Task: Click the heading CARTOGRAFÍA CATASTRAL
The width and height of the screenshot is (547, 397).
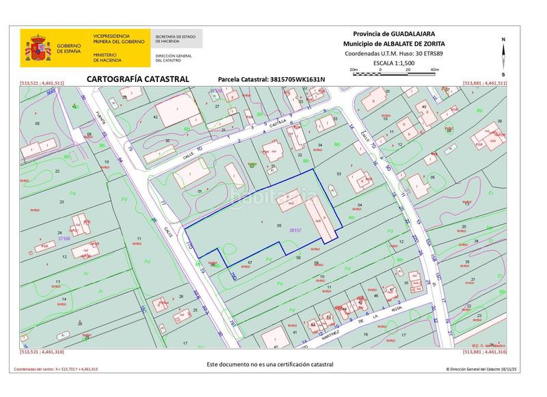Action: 137,79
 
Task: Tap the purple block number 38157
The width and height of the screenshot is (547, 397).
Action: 295,230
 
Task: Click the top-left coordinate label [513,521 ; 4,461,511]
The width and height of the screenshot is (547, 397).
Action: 42,83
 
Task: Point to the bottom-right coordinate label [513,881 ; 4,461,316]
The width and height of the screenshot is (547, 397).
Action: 485,352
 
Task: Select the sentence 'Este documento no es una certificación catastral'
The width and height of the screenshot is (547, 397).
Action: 270,364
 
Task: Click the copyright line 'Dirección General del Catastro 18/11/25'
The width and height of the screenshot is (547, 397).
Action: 476,369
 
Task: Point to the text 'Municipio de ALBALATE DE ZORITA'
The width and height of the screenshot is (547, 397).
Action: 393,43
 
